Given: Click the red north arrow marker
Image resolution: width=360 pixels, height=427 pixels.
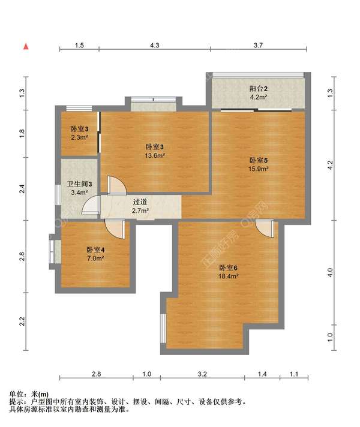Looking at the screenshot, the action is click(x=26, y=47).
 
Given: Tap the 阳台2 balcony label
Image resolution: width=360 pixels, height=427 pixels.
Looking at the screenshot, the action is click(x=259, y=89).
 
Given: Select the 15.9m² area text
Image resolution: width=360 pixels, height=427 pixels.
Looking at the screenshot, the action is click(x=258, y=169).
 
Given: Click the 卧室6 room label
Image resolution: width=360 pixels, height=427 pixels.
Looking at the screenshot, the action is click(x=229, y=267).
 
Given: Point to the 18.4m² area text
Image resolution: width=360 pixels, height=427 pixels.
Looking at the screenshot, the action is click(x=229, y=276).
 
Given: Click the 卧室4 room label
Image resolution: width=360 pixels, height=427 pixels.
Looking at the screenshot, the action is click(x=95, y=249).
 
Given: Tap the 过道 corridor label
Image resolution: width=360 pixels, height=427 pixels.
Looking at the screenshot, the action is click(x=140, y=202).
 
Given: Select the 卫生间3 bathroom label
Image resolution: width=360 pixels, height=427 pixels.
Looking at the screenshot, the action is click(x=80, y=184).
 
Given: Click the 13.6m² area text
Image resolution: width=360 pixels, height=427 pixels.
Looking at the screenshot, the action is click(x=155, y=155).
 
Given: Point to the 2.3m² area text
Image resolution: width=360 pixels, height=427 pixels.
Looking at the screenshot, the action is click(x=79, y=137).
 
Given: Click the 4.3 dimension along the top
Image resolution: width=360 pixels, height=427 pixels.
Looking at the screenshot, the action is click(x=155, y=45).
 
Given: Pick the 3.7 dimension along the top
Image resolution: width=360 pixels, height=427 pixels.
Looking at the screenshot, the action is click(x=258, y=45).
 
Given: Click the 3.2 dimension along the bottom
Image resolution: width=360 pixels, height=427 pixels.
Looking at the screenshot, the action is click(x=202, y=374).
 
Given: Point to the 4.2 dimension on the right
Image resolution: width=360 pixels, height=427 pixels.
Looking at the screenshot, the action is click(x=330, y=165).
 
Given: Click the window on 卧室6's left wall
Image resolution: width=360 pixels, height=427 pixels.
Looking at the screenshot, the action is click(x=163, y=328).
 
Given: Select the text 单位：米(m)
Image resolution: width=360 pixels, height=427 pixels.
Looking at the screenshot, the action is click(x=29, y=394).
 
